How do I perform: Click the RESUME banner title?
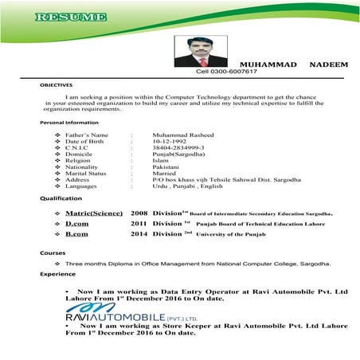click(x=71, y=18)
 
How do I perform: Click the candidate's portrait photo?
click(x=194, y=49)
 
